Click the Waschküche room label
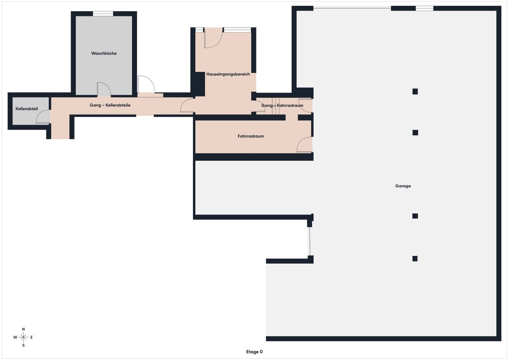tap(104, 53)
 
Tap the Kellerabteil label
tap(27, 109)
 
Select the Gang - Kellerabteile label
tap(110, 105)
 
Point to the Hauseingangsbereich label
tap(228, 74)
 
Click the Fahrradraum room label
tap(251, 136)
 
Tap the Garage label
tap(403, 186)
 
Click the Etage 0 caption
tap(254, 352)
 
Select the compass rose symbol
tap(23, 337)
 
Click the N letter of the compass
tap(23, 329)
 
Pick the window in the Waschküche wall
tap(103, 14)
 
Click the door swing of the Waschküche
tap(104, 89)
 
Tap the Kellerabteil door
tap(43, 117)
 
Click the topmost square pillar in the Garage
tap(415, 91)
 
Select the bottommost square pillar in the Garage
tap(415, 259)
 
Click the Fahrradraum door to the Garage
tap(305, 144)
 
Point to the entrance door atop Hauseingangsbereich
tap(213, 38)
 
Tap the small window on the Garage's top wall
tap(424, 8)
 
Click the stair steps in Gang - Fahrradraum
tap(276, 106)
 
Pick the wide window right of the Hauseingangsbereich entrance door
tap(237, 30)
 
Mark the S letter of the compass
tap(23, 345)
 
